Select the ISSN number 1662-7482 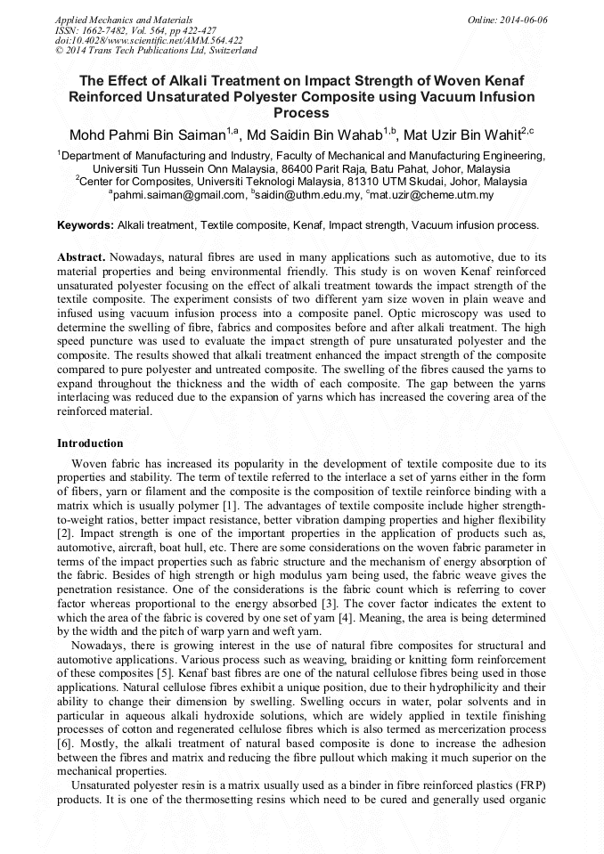[x=105, y=30]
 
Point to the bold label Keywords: [x=85, y=225]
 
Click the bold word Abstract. [x=81, y=256]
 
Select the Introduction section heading [x=90, y=443]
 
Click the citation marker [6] [x=65, y=742]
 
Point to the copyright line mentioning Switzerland [x=156, y=51]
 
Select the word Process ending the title [x=302, y=114]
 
